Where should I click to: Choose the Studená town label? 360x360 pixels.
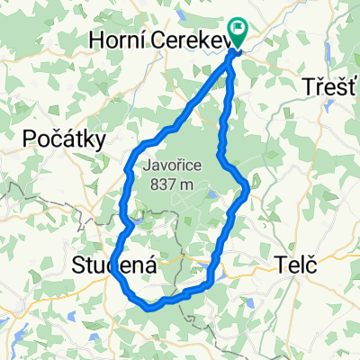tap(114, 266)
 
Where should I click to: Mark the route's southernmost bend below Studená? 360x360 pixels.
tap(151, 306)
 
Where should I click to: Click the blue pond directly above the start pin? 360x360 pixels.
tap(236, 8)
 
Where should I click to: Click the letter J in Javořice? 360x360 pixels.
tap(148, 166)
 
